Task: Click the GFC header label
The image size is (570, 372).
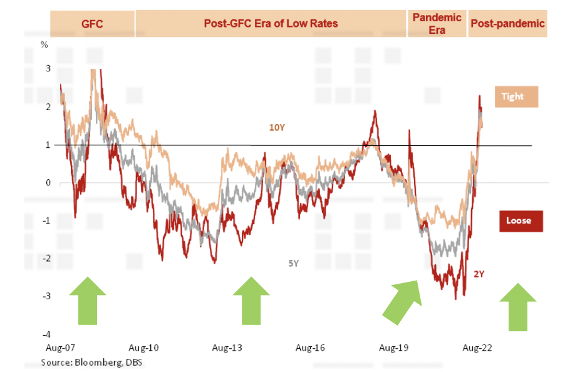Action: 92,24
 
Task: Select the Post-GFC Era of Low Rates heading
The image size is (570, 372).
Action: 271,24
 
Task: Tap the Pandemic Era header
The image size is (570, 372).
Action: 437,23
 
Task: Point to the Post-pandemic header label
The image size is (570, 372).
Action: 507,24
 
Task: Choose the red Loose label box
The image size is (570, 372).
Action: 521,220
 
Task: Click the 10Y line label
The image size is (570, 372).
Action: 277,128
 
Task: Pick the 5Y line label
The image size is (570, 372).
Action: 293,264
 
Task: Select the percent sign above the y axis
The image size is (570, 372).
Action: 44,45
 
